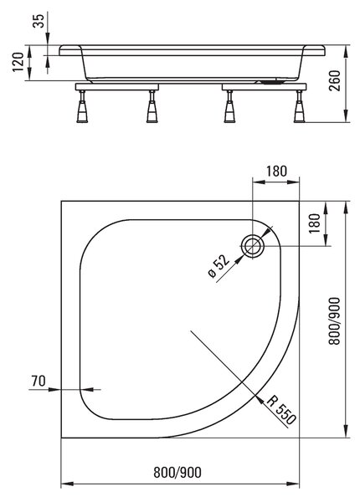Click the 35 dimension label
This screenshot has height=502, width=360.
39,20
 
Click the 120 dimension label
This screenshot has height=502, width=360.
18,62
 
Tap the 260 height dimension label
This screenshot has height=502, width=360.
335,80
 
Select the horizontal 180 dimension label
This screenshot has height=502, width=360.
276,172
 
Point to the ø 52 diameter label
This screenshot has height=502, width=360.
219,266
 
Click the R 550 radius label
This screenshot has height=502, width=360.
281,410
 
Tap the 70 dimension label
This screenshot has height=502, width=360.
39,381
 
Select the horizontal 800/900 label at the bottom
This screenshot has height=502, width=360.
177,472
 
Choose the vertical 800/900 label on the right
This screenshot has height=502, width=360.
335,320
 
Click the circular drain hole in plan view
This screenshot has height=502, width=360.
253,246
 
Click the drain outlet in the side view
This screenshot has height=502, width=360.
271,81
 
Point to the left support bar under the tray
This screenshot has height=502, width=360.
117,87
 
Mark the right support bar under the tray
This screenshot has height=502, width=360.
264,87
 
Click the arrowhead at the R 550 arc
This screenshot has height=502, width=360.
259,397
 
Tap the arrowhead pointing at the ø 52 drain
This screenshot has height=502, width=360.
239,259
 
